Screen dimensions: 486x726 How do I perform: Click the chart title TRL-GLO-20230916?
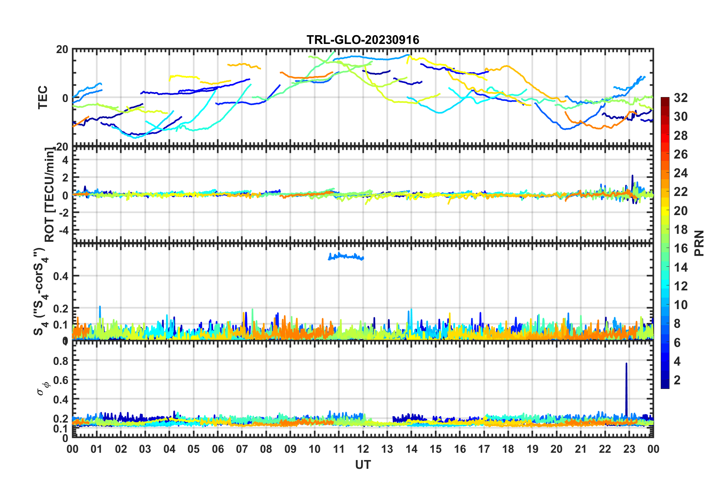[x=363, y=40]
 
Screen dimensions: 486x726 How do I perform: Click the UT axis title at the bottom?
[x=363, y=465]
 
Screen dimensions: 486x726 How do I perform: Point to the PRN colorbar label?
[x=699, y=243]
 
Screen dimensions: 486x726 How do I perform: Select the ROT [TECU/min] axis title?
[x=50, y=195]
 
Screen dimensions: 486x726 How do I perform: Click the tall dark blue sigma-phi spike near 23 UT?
[x=626, y=386]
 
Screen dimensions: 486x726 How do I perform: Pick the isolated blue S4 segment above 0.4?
[x=346, y=256]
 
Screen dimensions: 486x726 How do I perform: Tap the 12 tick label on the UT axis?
[x=363, y=449]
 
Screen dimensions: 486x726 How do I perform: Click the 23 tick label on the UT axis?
[x=629, y=449]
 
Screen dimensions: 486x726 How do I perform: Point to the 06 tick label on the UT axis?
[x=218, y=449]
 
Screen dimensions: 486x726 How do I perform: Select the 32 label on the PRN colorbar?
[x=681, y=98]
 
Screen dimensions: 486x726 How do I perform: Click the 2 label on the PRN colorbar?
[x=677, y=380]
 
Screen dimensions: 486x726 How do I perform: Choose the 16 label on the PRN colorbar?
[x=681, y=248]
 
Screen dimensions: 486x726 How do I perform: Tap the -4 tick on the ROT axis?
[x=63, y=230]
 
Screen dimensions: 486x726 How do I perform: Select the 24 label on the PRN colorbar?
[x=681, y=173]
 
